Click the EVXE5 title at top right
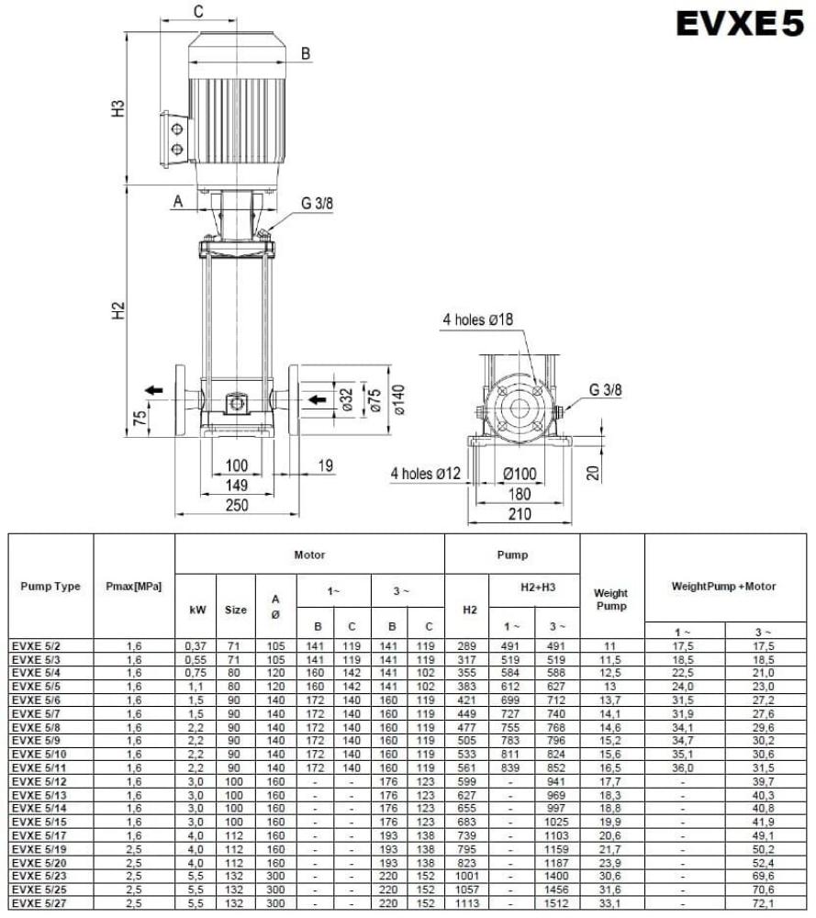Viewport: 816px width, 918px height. coord(739,25)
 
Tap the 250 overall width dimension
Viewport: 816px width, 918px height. coord(239,505)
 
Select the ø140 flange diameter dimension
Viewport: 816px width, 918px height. coord(397,399)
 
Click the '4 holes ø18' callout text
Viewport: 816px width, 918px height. coord(477,319)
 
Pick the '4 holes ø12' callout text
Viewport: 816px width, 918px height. coord(425,473)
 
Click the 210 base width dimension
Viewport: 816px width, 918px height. coord(520,514)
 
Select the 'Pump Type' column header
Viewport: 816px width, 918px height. coord(50,587)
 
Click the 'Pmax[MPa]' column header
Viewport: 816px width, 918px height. coord(134,587)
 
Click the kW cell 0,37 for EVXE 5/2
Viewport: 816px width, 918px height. coord(195,646)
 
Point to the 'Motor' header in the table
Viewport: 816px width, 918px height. coord(309,554)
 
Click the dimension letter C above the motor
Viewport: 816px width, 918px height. coord(198,11)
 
